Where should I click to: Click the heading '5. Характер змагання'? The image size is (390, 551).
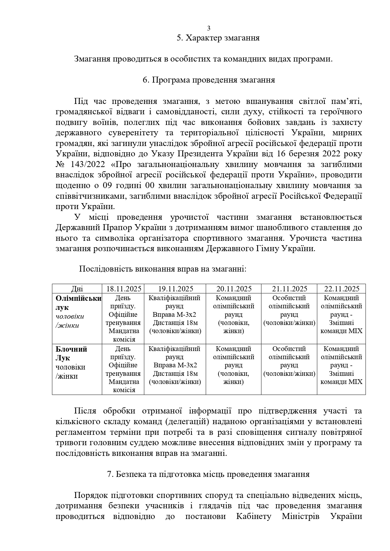coord(218,38)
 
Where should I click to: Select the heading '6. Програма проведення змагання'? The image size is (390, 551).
coord(209,80)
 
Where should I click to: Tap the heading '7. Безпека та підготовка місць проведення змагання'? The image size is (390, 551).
coord(208,474)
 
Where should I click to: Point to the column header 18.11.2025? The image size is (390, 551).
coord(124,289)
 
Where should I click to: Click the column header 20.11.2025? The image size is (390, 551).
coord(234,289)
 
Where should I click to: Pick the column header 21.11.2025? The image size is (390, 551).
coord(289,289)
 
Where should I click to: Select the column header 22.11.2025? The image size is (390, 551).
coord(342,289)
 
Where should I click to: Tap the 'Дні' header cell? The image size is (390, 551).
coord(77,289)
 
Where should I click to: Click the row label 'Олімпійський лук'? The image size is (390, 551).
coord(78,303)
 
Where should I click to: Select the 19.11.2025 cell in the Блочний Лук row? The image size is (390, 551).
coord(175,365)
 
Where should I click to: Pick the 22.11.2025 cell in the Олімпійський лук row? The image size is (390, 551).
coord(341,314)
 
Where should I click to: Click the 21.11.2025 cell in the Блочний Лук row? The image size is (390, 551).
coord(289,361)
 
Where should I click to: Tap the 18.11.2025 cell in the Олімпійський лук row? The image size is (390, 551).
coord(123,318)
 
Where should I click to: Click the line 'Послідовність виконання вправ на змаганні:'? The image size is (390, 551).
coord(162,269)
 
